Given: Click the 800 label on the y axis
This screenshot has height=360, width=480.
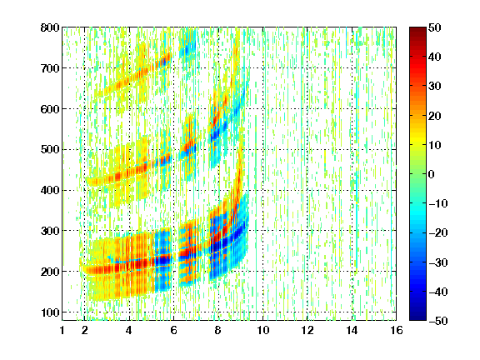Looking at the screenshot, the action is (x=50, y=27).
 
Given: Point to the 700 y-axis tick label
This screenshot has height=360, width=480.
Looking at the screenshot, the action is (x=50, y=68).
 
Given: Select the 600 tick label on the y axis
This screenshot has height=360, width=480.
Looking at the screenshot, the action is (x=50, y=109).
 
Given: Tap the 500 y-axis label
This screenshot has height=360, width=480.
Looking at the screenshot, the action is (x=50, y=150).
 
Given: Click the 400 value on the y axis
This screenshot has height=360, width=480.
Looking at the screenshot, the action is (x=50, y=190).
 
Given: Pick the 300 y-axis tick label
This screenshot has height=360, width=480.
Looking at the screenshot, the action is (x=50, y=231).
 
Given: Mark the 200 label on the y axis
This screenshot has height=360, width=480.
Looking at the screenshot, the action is (x=50, y=272).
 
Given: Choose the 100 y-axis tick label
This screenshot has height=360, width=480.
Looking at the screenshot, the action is (x=50, y=312).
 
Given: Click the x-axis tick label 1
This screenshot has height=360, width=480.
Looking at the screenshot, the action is (x=62, y=330).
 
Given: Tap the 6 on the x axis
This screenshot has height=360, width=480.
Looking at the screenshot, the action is (x=173, y=330).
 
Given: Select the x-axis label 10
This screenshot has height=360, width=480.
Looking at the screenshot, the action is (x=262, y=330).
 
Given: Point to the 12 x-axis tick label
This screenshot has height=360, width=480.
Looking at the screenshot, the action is (x=307, y=330).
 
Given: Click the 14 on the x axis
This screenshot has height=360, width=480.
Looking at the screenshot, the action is (x=352, y=330).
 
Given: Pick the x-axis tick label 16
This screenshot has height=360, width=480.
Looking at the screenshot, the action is (x=397, y=330).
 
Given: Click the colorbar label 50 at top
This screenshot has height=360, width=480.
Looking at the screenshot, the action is (x=435, y=27).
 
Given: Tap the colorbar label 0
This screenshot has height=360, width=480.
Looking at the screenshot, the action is (x=432, y=174).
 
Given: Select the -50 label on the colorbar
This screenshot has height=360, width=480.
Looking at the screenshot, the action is (x=438, y=321).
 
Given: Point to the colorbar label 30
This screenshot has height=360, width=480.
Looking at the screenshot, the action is (x=435, y=87).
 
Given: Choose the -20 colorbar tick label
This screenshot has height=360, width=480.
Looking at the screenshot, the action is (x=438, y=232).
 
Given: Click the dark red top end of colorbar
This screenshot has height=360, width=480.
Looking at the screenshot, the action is (x=417, y=28).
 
